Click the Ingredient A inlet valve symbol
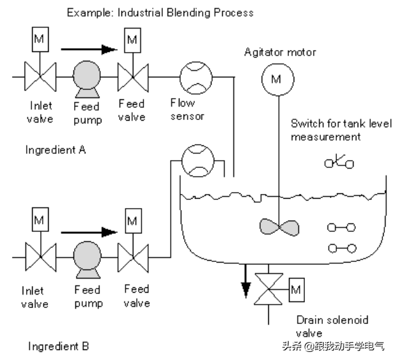[x=40, y=77]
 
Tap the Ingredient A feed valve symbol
[x=133, y=77]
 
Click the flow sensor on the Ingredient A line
[x=196, y=78]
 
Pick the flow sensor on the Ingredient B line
[x=198, y=161]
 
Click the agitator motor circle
[x=278, y=79]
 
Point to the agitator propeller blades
[x=279, y=227]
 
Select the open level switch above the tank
[x=339, y=162]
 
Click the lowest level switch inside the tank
[x=342, y=249]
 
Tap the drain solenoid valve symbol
[x=268, y=289]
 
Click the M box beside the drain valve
[x=297, y=289]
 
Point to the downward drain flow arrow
[x=246, y=281]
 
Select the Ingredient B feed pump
[x=87, y=259]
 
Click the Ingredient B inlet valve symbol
[x=41, y=257]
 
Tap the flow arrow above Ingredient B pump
[x=89, y=232]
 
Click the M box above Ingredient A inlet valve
[x=40, y=39]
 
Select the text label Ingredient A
[x=55, y=150]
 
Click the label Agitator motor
[x=280, y=52]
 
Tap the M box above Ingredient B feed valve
[x=133, y=221]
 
